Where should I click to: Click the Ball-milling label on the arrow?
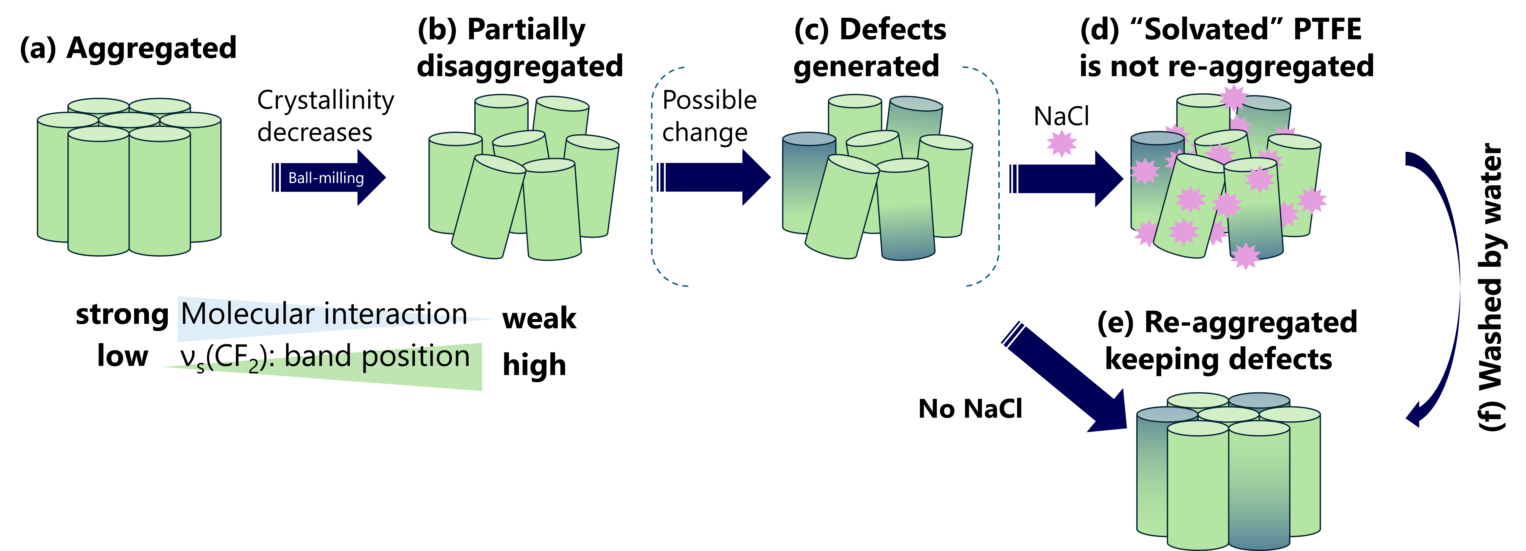tap(326, 178)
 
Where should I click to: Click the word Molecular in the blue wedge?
tap(247, 314)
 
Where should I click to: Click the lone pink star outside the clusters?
tap(1062, 143)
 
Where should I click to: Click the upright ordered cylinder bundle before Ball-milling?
tap(129, 178)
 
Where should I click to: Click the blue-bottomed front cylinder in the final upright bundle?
tap(1259, 486)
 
